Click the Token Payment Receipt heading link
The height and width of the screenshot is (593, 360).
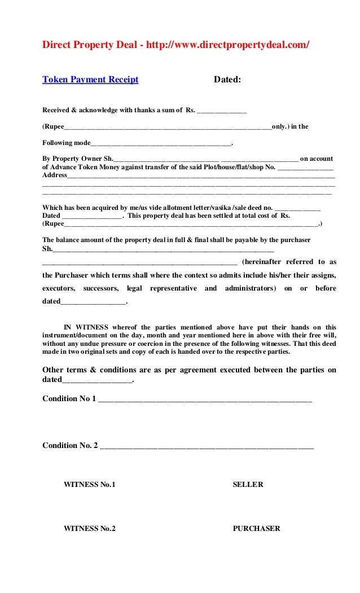coord(90,80)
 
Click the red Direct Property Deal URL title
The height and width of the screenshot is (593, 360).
coord(176,45)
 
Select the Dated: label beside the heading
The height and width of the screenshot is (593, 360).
coord(227,80)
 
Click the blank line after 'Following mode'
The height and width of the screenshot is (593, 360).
coord(161,143)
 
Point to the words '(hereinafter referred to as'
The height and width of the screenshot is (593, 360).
coord(289,262)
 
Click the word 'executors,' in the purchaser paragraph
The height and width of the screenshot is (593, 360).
coord(59,288)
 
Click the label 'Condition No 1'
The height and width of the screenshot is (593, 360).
coord(69,398)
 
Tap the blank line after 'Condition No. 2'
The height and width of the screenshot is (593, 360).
coord(207,446)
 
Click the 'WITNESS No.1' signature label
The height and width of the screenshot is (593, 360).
coord(89,485)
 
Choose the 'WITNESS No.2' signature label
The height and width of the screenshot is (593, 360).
coord(89,529)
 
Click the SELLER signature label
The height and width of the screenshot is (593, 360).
coord(248,485)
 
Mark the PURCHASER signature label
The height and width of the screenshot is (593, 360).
coord(256,529)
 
